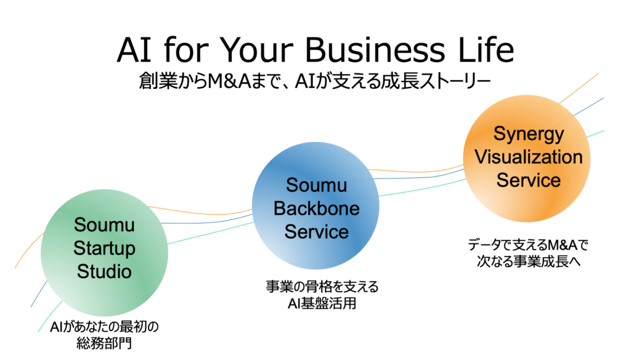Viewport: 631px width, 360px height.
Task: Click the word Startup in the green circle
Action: [x=104, y=248]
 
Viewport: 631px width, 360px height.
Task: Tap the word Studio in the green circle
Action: [x=104, y=271]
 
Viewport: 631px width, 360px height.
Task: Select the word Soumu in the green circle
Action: [x=104, y=225]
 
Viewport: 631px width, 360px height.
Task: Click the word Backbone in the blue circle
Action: [x=316, y=208]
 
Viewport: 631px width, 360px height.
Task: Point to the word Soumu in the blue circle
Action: [x=316, y=185]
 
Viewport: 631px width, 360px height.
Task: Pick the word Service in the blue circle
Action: [x=316, y=232]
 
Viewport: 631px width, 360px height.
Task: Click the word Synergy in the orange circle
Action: [x=528, y=133]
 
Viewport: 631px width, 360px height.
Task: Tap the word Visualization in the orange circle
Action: [x=528, y=157]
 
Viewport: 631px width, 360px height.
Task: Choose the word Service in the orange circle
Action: [x=528, y=180]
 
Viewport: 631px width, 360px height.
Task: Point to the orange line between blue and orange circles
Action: [x=419, y=170]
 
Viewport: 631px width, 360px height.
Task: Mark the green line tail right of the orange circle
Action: [x=595, y=133]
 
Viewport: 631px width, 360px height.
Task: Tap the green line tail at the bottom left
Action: [x=48, y=317]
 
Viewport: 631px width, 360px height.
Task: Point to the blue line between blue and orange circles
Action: [x=419, y=177]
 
